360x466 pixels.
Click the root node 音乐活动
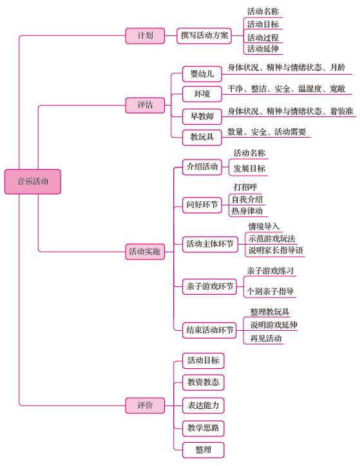click(33, 182)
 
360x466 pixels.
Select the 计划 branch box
click(145, 35)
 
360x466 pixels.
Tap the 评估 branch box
click(145, 105)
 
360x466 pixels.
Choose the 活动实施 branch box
click(145, 252)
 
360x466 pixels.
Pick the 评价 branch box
click(145, 405)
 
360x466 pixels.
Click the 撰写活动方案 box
click(204, 35)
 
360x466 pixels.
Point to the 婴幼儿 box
click(202, 74)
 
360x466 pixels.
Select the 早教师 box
click(202, 116)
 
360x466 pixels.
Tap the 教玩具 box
click(202, 137)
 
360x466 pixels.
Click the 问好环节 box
click(202, 205)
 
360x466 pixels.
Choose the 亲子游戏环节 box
click(209, 287)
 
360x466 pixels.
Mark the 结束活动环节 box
click(209, 330)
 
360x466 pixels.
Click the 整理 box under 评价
click(204, 450)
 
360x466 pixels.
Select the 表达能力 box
click(204, 405)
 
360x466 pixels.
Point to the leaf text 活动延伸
click(263, 49)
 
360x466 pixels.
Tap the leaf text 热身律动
click(247, 211)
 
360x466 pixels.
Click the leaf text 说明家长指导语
click(276, 250)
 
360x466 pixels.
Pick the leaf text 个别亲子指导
click(270, 291)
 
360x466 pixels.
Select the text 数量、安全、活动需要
click(267, 132)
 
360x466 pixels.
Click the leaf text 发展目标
click(249, 169)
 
